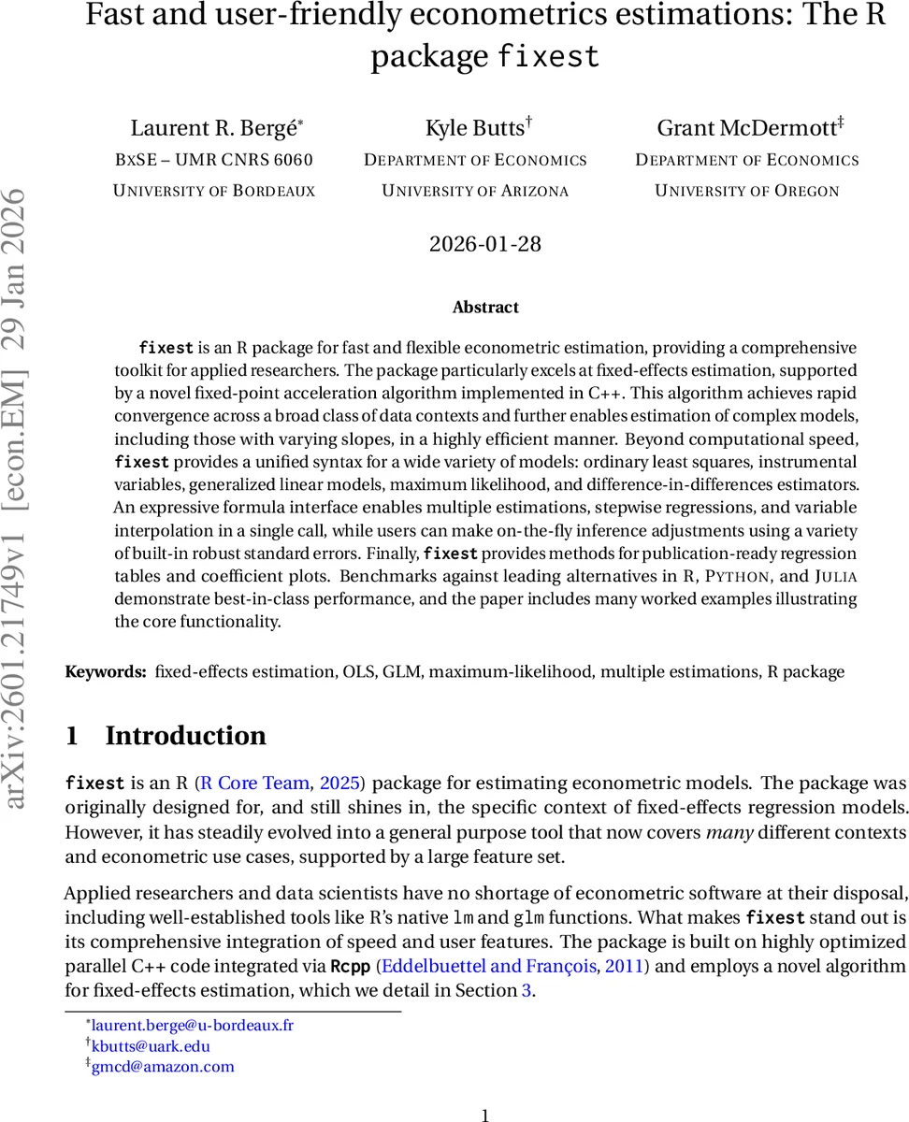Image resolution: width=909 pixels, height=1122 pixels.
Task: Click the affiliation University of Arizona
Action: point(475,191)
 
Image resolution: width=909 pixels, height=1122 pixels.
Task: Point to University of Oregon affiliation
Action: point(746,191)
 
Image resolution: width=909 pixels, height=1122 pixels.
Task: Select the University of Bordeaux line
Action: point(214,191)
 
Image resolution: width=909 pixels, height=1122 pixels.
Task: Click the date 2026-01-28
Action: point(484,244)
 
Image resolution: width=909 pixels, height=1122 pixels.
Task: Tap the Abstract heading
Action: point(484,307)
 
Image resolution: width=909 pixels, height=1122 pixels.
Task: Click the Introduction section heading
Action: point(185,736)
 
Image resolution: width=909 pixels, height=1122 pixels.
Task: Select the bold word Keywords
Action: point(105,671)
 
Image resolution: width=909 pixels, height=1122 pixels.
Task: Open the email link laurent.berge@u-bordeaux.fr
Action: point(192,1026)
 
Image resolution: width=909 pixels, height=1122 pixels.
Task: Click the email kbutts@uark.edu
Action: point(151,1046)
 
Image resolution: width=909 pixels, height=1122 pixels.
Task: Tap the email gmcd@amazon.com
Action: point(163,1067)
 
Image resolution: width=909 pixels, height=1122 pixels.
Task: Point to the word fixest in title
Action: point(548,56)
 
